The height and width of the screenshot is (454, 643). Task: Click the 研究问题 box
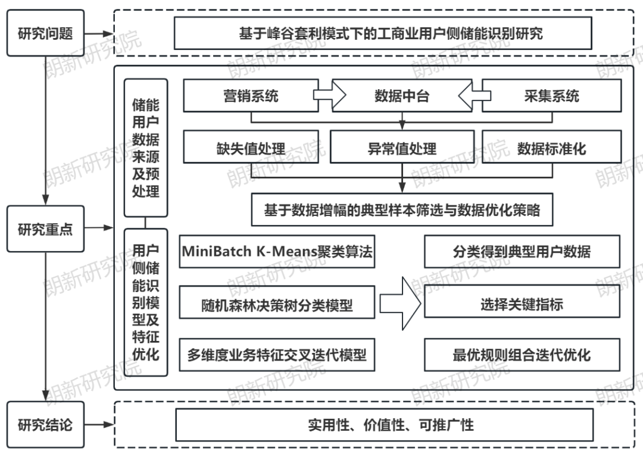pos(46,33)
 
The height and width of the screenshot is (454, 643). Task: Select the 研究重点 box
pos(46,229)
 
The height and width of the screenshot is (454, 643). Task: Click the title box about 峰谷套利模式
pos(383,33)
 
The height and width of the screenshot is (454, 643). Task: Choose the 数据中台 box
pos(401,95)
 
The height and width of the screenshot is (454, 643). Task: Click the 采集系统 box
pos(551,95)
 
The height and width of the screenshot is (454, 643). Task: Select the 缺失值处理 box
pos(251,147)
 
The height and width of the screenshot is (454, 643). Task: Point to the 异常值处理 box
pos(402,147)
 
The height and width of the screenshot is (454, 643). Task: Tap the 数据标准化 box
pos(551,147)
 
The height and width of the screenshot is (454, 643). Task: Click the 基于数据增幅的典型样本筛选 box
pos(402,209)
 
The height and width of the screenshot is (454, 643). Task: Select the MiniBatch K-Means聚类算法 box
pos(277,251)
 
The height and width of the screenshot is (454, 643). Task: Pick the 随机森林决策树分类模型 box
pos(277,305)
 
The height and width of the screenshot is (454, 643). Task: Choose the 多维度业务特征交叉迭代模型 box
pos(277,355)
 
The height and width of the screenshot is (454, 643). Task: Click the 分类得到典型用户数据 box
pos(522,251)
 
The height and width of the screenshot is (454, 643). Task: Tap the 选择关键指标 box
pos(522,305)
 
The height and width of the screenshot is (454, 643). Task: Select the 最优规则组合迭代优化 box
pos(522,355)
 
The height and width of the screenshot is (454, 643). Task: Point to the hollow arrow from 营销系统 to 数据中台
pos(329,95)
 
